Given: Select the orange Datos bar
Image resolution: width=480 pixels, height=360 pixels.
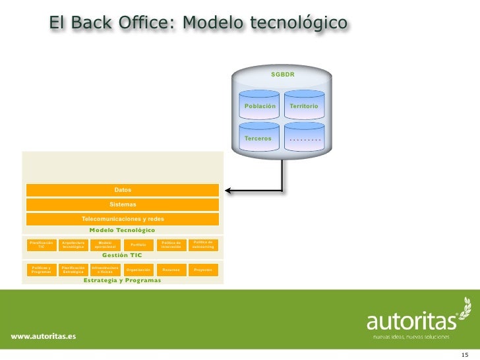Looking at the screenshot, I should [123, 190].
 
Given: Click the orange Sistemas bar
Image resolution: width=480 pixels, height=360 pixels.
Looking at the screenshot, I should [123, 204].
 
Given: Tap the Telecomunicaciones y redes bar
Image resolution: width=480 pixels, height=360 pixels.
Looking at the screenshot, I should [123, 219].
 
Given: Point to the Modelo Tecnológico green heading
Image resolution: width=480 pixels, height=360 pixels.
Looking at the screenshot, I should [122, 230].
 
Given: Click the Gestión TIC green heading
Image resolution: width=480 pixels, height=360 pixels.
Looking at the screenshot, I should [122, 255].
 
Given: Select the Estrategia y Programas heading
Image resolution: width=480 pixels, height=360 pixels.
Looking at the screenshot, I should [122, 280].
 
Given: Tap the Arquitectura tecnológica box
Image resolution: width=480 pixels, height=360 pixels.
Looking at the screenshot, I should [73, 245].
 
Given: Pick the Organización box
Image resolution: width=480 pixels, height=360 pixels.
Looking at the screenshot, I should [138, 270].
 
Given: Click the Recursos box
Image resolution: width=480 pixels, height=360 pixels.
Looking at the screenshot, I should [171, 270].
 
